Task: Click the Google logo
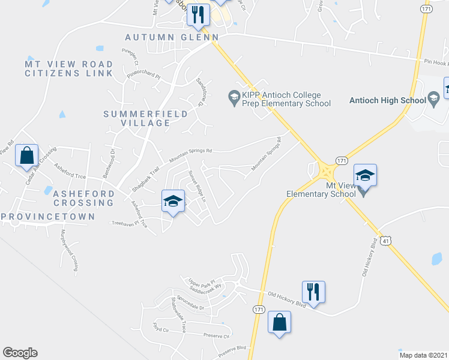point(20,353)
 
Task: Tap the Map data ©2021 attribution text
point(423,355)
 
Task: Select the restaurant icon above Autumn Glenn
point(198,14)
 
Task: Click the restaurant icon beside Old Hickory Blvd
point(313,292)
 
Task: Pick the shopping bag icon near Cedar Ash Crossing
point(26,157)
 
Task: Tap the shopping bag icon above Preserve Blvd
point(279,323)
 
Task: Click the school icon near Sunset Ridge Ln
point(172,202)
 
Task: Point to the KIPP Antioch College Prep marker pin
point(234,95)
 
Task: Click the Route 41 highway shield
point(387,241)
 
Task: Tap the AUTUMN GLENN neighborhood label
point(171,37)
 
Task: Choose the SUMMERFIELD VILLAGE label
point(137,118)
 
